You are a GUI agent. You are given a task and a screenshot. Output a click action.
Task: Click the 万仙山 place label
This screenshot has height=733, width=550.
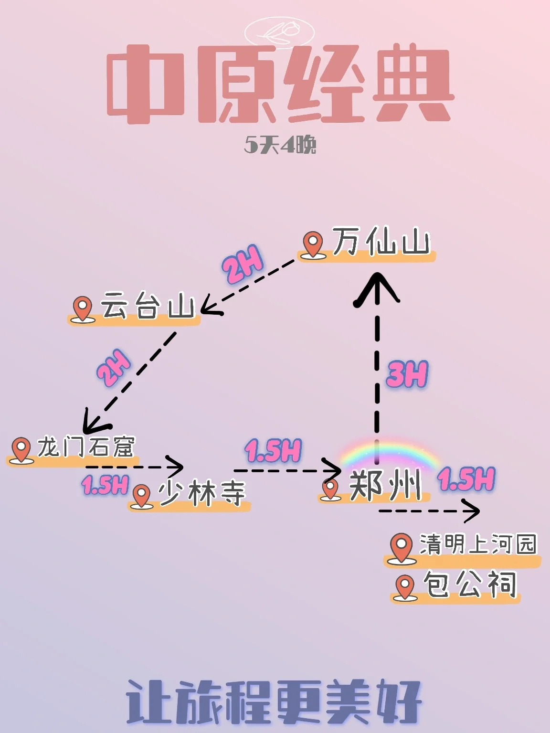(381, 243)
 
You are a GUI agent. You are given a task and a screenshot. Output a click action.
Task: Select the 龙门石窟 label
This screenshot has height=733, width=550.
(86, 447)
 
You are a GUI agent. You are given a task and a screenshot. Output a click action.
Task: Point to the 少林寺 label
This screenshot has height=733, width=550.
(202, 493)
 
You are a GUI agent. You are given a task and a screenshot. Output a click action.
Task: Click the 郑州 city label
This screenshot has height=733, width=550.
(385, 486)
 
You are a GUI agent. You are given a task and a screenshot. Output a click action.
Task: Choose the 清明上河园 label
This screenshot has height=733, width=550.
(477, 544)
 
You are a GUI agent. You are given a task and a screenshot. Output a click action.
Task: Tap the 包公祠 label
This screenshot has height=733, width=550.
(470, 584)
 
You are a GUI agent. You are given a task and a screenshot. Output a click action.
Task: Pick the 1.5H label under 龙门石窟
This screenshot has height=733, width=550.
(105, 485)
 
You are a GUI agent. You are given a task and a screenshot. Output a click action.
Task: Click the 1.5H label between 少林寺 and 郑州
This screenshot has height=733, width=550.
(273, 450)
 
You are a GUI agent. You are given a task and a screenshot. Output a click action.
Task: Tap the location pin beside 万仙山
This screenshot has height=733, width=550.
(313, 244)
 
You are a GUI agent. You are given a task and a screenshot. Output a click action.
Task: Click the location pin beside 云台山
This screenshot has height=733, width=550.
(83, 308)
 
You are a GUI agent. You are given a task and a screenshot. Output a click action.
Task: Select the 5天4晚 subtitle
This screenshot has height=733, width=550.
(280, 145)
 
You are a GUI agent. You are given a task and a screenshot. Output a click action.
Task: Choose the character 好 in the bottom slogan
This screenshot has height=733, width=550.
(399, 702)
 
